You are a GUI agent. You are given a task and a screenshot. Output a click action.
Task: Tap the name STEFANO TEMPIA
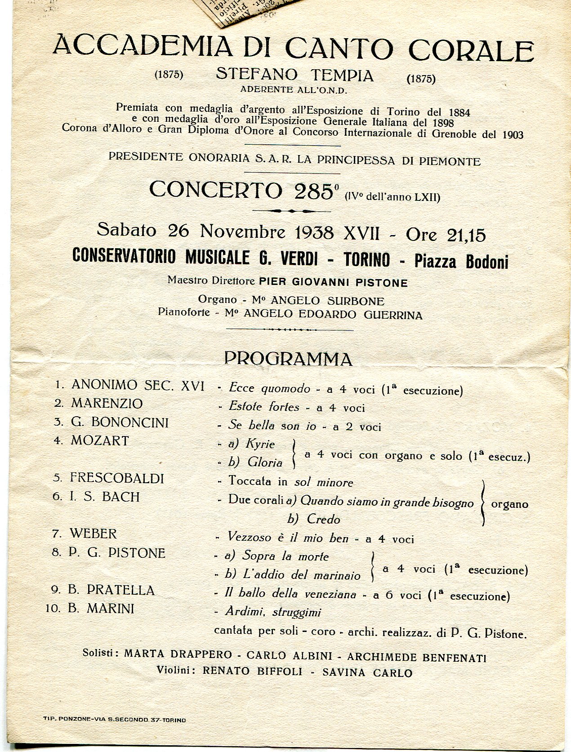click(x=294, y=75)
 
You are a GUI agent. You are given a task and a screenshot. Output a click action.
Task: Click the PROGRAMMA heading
click(x=288, y=359)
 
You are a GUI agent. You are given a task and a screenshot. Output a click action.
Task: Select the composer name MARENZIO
click(x=107, y=403)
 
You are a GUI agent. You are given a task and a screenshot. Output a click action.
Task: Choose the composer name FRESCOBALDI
click(x=117, y=478)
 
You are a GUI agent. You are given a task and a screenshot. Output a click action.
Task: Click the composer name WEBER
click(x=93, y=534)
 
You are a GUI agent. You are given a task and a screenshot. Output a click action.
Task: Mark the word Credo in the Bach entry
click(x=323, y=520)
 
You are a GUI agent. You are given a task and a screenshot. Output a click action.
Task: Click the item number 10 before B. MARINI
click(x=53, y=609)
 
